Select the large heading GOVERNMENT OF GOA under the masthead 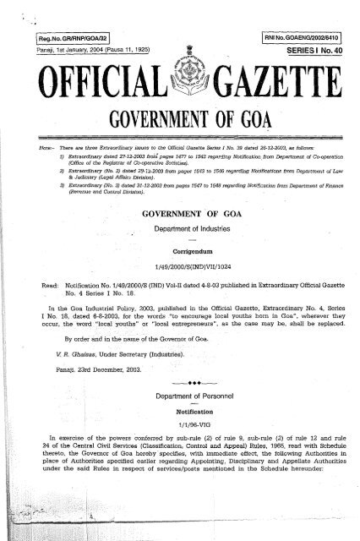click(x=180, y=132)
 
